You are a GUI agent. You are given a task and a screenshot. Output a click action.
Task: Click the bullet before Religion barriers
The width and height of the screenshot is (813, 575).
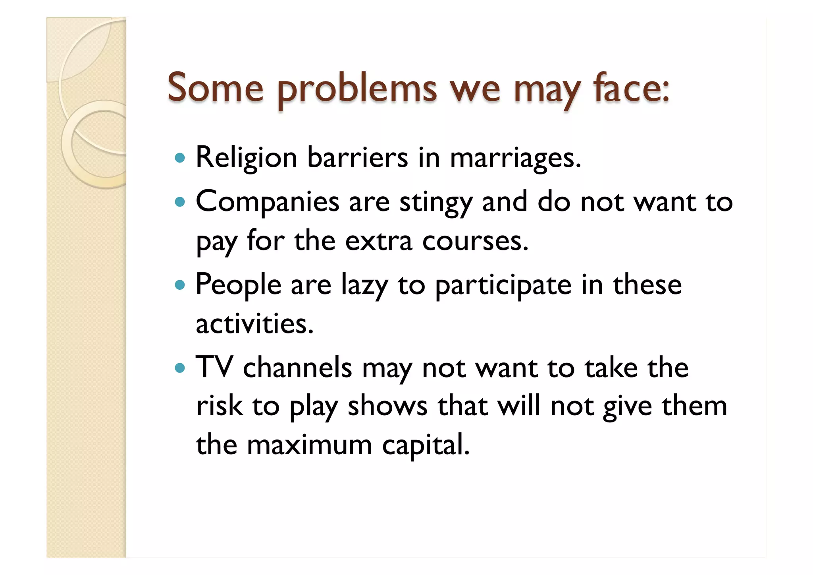coord(180,158)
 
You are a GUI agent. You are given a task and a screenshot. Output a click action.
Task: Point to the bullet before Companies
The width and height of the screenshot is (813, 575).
coord(180,202)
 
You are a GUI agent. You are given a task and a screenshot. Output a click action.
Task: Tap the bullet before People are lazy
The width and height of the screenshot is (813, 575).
coord(180,285)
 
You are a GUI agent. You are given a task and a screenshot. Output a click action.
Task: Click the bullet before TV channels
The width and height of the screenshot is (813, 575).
coord(180,368)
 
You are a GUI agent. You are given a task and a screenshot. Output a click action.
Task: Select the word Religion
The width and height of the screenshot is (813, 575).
coord(246,158)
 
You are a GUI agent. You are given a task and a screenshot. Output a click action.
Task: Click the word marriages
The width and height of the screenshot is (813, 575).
coord(515,158)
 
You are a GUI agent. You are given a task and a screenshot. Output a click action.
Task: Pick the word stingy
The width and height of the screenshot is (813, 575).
coord(435,203)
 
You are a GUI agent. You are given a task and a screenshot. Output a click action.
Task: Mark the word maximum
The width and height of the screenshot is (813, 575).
coord(309,445)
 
